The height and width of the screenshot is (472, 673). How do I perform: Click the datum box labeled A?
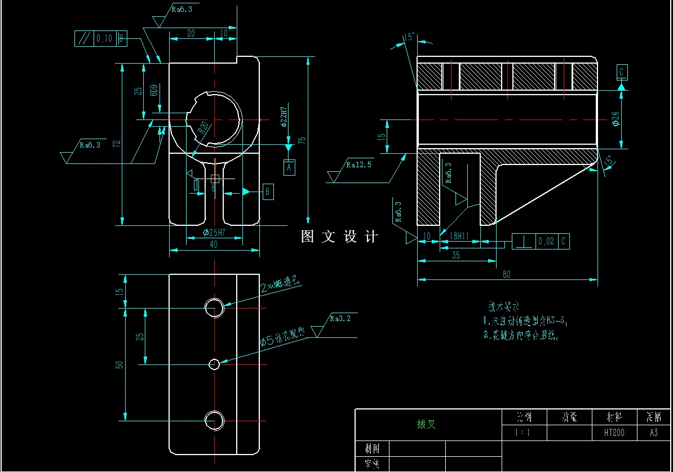pos(289,167)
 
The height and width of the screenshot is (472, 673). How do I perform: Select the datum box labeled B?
pos(268,192)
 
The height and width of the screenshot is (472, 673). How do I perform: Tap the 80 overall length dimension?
pos(507,274)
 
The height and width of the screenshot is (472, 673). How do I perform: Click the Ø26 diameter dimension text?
pos(615,119)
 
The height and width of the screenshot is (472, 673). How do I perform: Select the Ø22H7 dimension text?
pos(284,117)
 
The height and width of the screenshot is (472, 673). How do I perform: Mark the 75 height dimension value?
pos(302,140)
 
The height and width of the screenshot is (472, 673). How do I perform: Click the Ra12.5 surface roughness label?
pos(358,165)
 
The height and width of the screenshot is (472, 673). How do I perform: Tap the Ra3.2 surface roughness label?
pos(340,319)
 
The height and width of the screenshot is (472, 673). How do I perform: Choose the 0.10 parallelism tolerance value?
pos(104,39)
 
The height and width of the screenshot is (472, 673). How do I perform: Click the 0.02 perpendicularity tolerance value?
pos(546,242)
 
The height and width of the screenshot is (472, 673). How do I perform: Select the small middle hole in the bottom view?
pos(214,364)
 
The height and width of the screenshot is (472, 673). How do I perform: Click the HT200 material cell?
pos(614,433)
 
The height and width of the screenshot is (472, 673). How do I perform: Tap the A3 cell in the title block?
pos(654,433)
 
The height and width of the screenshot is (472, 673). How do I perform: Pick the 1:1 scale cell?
pos(523,433)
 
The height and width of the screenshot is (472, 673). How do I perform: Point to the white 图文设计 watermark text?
pos(340,237)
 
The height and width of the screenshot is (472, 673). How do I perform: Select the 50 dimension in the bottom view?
pos(119,364)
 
